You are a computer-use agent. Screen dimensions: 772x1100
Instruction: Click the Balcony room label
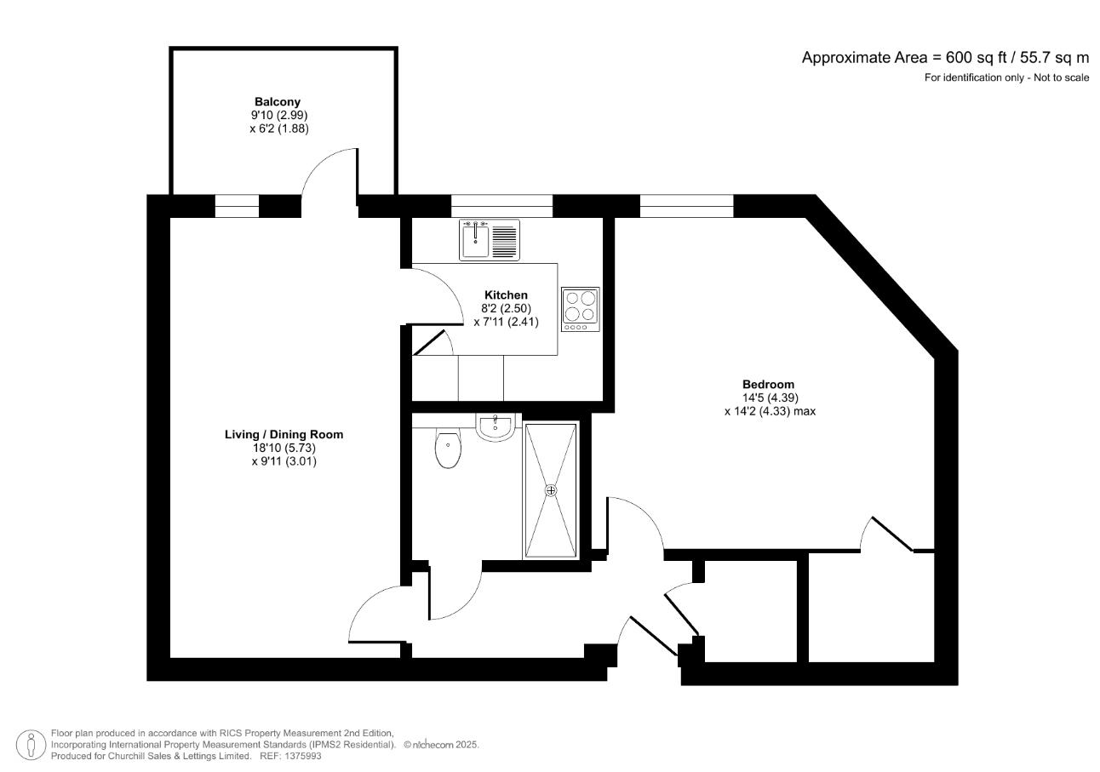(278, 101)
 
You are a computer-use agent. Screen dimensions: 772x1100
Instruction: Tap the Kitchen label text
(506, 295)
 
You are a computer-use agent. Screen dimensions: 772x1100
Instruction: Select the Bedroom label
(768, 384)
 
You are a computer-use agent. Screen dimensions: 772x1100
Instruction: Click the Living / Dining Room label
(284, 434)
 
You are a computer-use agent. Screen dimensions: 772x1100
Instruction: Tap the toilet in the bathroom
(447, 449)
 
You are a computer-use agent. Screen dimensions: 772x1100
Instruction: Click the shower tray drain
(551, 490)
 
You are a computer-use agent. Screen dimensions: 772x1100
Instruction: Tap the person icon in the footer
(32, 744)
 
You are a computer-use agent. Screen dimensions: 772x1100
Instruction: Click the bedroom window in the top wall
(686, 206)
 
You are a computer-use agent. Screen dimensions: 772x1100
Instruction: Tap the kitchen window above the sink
(501, 206)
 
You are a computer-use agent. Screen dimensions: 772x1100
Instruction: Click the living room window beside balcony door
(236, 206)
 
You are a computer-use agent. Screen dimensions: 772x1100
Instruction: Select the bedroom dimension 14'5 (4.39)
(768, 397)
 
